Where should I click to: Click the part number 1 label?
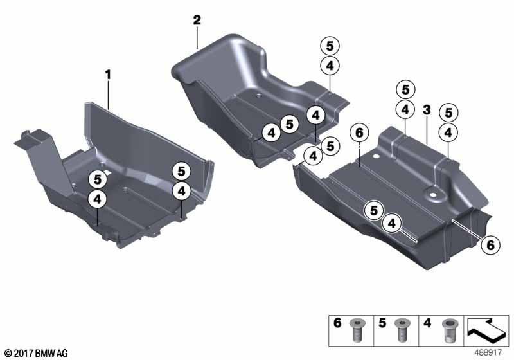click(x=108, y=75)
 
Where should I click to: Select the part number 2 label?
click(x=197, y=21)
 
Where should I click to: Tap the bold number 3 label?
click(x=426, y=111)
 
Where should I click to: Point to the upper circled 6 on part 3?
click(x=359, y=132)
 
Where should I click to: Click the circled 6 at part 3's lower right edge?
click(x=489, y=244)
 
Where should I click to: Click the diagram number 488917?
click(x=490, y=353)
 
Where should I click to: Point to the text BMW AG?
click(x=53, y=353)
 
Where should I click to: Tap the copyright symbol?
click(x=8, y=353)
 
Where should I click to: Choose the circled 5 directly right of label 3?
click(x=448, y=112)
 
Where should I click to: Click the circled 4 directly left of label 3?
click(x=405, y=110)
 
